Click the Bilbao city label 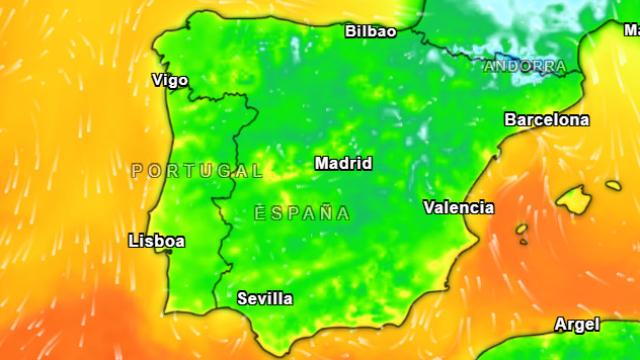click(370, 31)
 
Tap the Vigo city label click(169, 80)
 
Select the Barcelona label click(546, 119)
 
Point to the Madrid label click(343, 163)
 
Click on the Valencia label click(458, 208)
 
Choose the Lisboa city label click(157, 241)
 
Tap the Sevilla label click(265, 298)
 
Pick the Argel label click(576, 324)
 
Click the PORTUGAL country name click(190, 171)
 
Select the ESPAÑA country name click(301, 213)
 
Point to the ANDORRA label click(525, 67)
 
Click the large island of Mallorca click(574, 199)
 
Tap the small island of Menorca click(613, 185)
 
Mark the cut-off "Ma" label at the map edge click(631, 30)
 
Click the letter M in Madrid click(321, 163)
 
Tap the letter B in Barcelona click(510, 119)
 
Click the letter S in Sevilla click(242, 298)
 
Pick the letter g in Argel click(580, 326)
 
